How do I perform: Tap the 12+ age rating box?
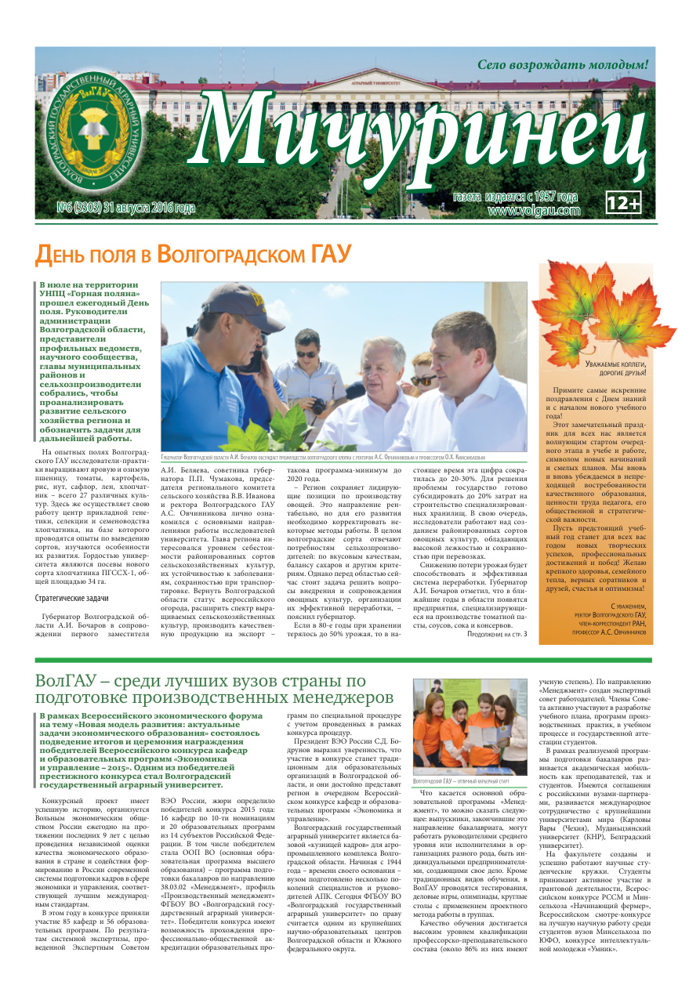[x=625, y=204]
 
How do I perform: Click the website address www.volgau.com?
[x=534, y=210]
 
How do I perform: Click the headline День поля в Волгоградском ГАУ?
[x=193, y=254]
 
